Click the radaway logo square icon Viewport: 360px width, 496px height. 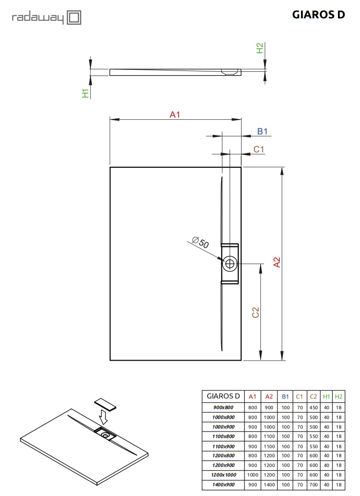(74, 18)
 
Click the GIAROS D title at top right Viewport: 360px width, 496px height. (318, 15)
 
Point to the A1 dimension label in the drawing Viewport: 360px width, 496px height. (175, 114)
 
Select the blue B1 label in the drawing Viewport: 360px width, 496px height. (263, 132)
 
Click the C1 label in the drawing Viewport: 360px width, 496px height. (259, 149)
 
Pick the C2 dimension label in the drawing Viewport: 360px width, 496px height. (256, 313)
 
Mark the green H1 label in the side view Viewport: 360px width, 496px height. (86, 93)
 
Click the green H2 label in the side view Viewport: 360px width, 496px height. (260, 48)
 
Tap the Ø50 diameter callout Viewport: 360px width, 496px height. (201, 243)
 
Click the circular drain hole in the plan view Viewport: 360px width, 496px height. (230, 263)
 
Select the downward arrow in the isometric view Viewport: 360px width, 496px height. (102, 418)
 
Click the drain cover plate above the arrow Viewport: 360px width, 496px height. (105, 404)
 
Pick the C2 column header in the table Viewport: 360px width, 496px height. (313, 396)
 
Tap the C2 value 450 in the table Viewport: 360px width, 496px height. (313, 407)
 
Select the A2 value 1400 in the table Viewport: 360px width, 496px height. (269, 484)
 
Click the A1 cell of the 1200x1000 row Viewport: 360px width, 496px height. (252, 474)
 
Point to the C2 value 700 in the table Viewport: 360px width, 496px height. (313, 484)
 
